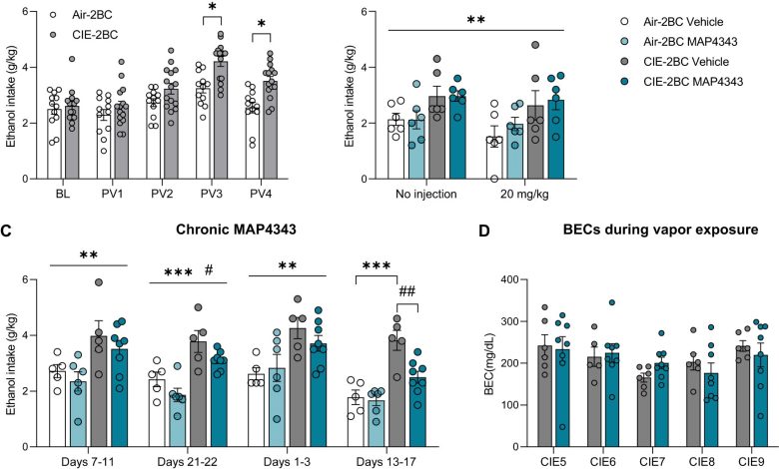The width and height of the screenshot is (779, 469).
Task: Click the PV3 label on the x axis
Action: coord(219,186)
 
